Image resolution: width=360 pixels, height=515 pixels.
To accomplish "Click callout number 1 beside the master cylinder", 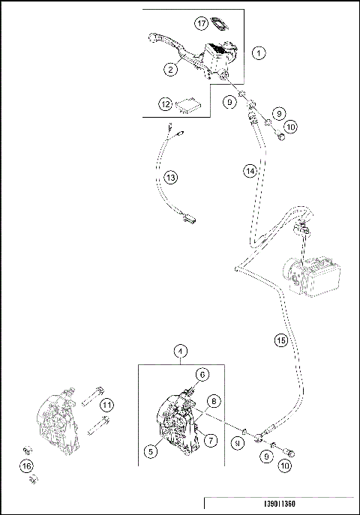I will (258, 53).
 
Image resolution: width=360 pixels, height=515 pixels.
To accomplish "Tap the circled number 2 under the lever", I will (171, 69).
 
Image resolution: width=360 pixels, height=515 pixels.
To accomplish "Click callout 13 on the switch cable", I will (171, 177).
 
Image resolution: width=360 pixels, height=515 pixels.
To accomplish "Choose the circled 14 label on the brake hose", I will (250, 171).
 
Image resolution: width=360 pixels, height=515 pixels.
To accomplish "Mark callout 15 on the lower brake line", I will (280, 340).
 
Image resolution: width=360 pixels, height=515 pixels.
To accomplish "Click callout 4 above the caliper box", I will (180, 351).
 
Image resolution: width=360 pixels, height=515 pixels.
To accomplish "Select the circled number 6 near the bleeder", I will (202, 374).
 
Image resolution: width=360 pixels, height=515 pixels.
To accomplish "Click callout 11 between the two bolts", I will (107, 406).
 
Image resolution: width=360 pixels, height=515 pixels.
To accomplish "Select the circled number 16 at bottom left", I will (28, 466).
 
